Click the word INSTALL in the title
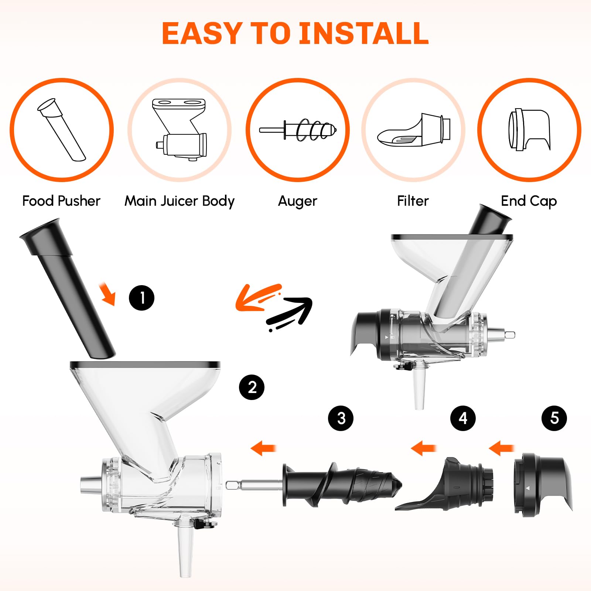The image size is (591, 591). (x=364, y=33)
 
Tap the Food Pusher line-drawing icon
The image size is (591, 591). (x=61, y=130)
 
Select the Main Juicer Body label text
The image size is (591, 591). (x=180, y=201)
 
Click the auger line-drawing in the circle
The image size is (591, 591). (x=298, y=130)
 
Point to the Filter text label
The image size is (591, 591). (x=413, y=201)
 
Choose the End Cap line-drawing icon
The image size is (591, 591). (x=529, y=130)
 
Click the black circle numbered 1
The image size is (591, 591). (x=141, y=298)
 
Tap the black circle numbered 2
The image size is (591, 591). (x=252, y=387)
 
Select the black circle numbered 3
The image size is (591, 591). (x=341, y=418)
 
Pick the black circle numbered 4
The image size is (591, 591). (x=463, y=418)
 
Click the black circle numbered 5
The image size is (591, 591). (x=554, y=418)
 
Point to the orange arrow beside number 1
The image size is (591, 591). (x=108, y=294)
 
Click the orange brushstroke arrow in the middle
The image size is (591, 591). (x=257, y=298)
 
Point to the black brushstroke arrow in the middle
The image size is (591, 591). (x=292, y=314)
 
